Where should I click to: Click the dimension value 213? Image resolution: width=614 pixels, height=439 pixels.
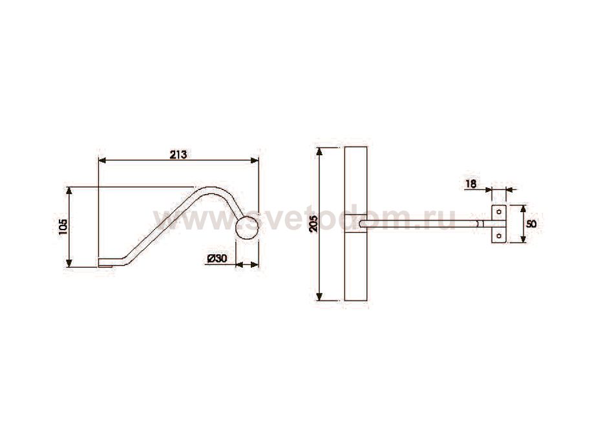click(x=178, y=155)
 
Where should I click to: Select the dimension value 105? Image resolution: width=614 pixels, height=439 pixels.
click(x=63, y=227)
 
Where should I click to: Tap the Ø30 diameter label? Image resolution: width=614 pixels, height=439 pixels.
click(x=217, y=259)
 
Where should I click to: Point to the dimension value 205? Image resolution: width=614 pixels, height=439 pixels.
click(x=313, y=224)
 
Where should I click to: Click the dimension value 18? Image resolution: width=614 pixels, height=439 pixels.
click(x=471, y=184)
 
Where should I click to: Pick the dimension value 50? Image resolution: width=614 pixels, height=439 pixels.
click(x=531, y=224)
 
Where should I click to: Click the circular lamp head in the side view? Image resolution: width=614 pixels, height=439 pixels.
click(x=247, y=227)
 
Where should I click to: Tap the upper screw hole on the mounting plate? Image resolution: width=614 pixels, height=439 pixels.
click(x=499, y=212)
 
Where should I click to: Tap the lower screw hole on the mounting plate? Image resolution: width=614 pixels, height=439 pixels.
click(x=499, y=236)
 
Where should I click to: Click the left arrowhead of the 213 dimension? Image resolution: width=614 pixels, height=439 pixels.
click(x=102, y=160)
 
